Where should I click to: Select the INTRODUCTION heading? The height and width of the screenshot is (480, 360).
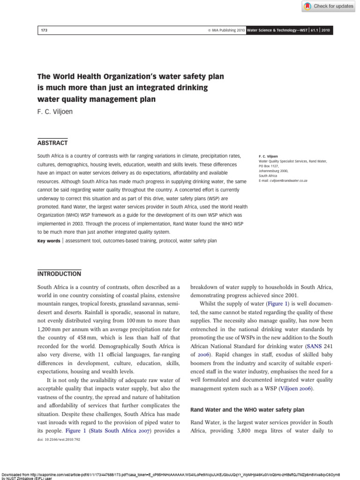(x=59, y=274)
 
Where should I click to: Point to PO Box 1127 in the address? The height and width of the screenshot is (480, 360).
(x=270, y=165)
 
